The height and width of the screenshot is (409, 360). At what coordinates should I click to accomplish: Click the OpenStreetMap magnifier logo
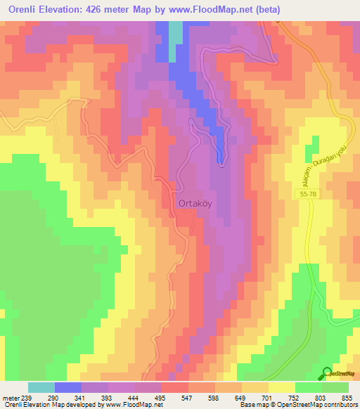[x=326, y=373]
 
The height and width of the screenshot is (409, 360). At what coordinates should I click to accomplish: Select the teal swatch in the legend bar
[x=41, y=387]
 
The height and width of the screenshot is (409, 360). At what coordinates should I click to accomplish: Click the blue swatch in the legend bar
[x=68, y=387]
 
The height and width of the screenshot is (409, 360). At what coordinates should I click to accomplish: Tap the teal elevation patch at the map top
[x=175, y=32]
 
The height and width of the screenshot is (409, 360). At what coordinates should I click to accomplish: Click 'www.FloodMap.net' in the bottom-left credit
[x=136, y=405]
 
